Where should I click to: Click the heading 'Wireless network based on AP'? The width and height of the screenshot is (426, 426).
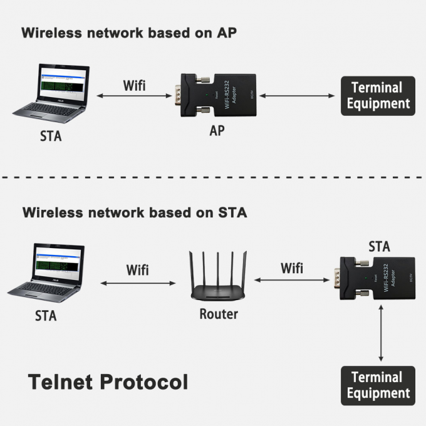(x=130, y=33)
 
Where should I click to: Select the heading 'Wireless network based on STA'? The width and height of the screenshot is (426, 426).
(x=135, y=212)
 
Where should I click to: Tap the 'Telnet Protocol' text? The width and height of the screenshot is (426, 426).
(x=108, y=381)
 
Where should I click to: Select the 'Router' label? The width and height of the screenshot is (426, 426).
(x=219, y=313)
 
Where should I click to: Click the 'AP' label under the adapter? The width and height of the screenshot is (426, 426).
(x=217, y=132)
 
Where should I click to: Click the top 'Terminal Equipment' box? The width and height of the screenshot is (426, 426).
(x=378, y=96)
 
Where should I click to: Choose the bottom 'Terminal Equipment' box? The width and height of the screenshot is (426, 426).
(x=378, y=385)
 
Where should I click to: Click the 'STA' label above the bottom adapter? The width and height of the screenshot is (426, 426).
(x=379, y=246)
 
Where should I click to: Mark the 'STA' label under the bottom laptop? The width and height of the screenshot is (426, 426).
(x=46, y=316)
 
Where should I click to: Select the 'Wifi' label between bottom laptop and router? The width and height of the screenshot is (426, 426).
(x=138, y=270)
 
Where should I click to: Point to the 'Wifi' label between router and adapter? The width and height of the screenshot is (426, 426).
(x=291, y=268)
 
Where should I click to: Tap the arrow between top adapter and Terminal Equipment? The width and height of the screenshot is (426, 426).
(x=296, y=96)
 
